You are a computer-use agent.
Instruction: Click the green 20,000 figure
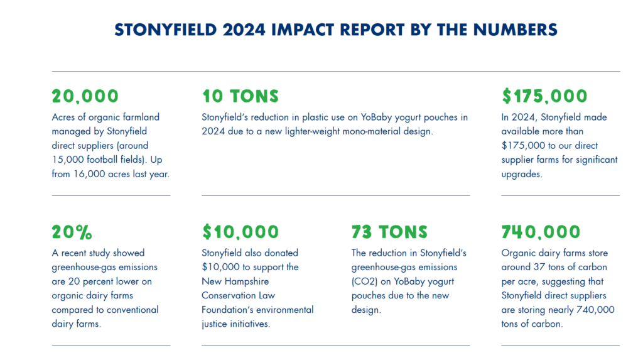click(x=85, y=96)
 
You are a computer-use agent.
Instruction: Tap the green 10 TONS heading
click(x=240, y=96)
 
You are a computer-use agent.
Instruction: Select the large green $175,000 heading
click(x=544, y=96)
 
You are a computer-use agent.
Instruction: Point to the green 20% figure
click(x=72, y=232)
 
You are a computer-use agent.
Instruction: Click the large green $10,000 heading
click(x=240, y=232)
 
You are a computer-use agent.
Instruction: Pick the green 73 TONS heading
click(x=389, y=232)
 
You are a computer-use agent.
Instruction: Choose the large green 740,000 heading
click(x=541, y=232)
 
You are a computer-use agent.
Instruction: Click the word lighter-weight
click(x=304, y=131)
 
